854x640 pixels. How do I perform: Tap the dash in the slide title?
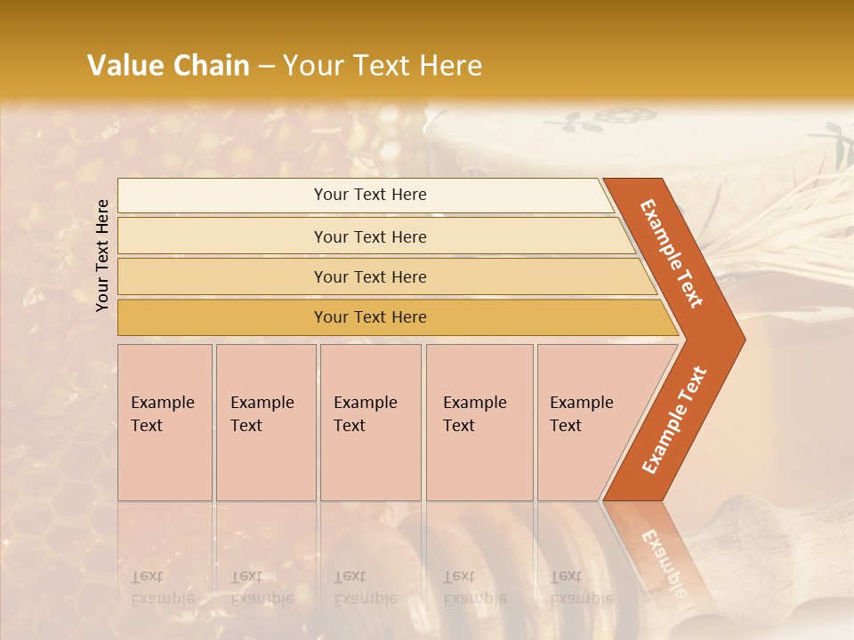[266, 67]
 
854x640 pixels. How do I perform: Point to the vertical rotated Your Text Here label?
[102, 255]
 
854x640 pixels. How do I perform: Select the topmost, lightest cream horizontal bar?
[369, 195]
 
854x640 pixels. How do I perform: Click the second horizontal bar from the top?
[369, 236]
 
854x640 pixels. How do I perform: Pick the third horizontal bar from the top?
[369, 276]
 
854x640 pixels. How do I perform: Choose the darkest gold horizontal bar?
[369, 317]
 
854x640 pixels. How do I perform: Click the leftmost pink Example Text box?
[165, 422]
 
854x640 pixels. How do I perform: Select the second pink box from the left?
[265, 422]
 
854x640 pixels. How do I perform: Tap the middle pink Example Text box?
[370, 422]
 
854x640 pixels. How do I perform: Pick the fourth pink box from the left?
[479, 422]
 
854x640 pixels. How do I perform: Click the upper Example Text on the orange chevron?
[672, 253]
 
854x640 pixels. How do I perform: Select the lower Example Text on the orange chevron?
[674, 420]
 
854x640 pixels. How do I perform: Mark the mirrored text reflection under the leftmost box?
[162, 588]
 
